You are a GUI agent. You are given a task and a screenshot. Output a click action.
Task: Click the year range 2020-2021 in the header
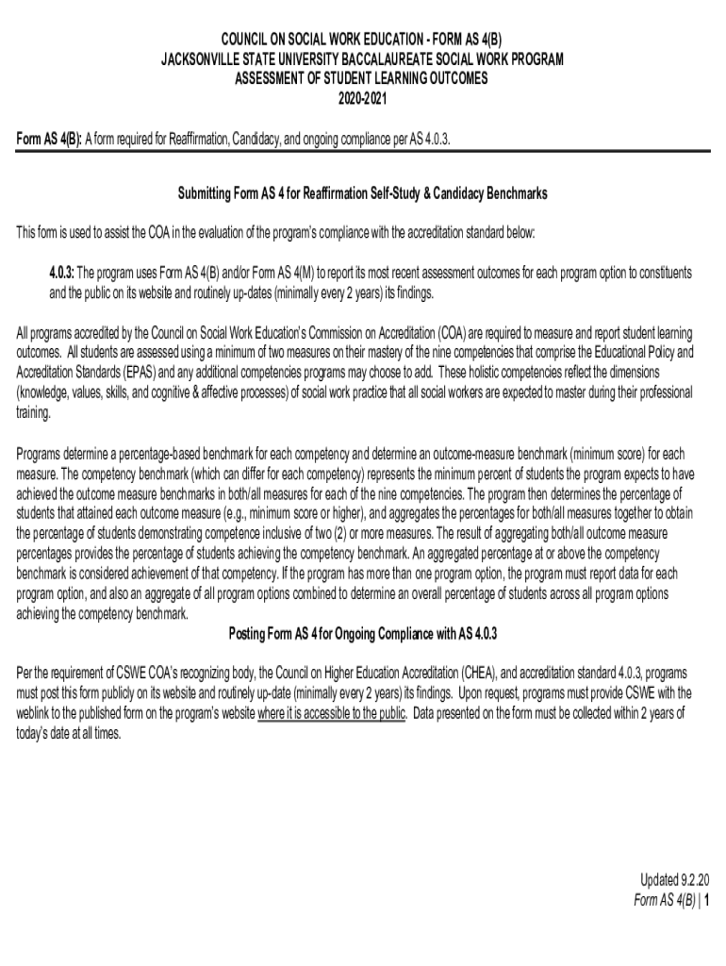pyautogui.click(x=362, y=98)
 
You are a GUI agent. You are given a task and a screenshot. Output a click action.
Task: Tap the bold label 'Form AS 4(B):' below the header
pyautogui.click(x=50, y=140)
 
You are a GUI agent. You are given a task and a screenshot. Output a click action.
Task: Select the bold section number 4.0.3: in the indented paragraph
pyautogui.click(x=61, y=273)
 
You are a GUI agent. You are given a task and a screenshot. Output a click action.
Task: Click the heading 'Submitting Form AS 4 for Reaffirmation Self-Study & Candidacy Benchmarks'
pyautogui.click(x=362, y=193)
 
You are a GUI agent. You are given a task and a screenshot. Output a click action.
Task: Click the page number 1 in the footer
pyautogui.click(x=705, y=900)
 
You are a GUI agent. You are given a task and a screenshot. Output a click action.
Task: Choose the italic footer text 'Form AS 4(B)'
pyautogui.click(x=664, y=900)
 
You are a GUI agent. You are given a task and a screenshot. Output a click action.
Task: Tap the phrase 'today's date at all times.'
pyautogui.click(x=69, y=732)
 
